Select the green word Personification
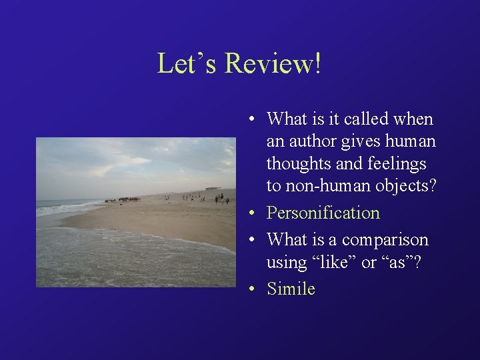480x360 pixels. tap(323, 213)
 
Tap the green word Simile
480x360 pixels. tap(291, 289)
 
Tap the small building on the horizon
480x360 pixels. tap(213, 189)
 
